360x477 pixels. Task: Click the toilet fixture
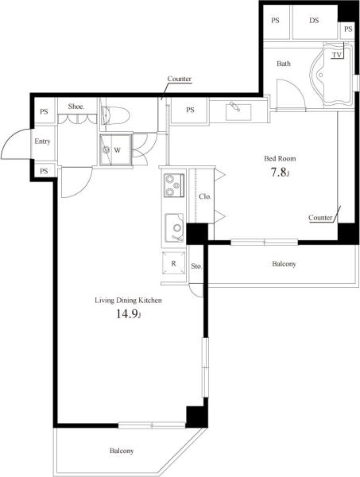115,115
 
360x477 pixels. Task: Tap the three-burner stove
174,185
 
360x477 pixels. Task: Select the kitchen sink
174,227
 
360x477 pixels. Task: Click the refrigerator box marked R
173,263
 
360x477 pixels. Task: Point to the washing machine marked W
116,149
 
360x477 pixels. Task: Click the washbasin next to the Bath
238,111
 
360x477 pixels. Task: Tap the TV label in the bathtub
337,55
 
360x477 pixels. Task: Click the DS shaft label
314,21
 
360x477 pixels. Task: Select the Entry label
42,142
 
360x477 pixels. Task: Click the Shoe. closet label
76,107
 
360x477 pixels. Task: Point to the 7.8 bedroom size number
278,173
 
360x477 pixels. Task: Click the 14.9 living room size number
127,314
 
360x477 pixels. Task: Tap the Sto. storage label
196,266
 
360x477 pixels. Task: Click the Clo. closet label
205,196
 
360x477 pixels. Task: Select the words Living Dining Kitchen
128,301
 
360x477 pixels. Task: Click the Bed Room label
280,158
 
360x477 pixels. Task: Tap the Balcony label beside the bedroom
284,264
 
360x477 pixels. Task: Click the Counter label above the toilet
180,79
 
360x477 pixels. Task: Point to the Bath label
284,64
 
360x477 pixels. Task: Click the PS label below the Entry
44,171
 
